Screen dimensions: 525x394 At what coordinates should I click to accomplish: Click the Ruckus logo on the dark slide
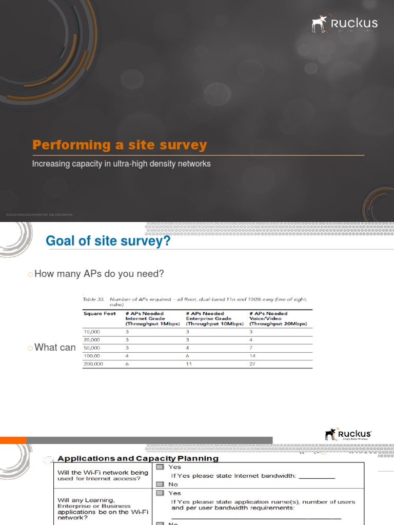[x=345, y=24]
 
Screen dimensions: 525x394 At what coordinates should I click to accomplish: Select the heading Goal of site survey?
[x=108, y=240]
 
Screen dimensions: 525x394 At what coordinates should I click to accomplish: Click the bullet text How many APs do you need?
[x=98, y=274]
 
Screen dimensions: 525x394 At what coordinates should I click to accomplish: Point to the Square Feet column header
[x=100, y=313]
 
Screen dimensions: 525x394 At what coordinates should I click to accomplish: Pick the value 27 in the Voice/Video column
[x=252, y=364]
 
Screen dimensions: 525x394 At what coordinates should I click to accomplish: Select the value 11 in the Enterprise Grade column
[x=189, y=364]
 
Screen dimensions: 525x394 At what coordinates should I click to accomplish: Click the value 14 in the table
[x=252, y=355]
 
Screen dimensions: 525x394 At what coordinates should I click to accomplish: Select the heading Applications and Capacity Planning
[x=138, y=458]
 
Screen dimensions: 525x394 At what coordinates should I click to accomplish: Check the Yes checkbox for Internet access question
[x=160, y=467]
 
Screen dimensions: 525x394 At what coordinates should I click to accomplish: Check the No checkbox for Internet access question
[x=160, y=484]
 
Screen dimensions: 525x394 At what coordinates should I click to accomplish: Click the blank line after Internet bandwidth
[x=317, y=476]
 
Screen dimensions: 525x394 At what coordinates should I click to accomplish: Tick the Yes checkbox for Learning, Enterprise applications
[x=160, y=493]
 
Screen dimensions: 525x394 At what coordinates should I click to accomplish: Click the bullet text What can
[x=54, y=348]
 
